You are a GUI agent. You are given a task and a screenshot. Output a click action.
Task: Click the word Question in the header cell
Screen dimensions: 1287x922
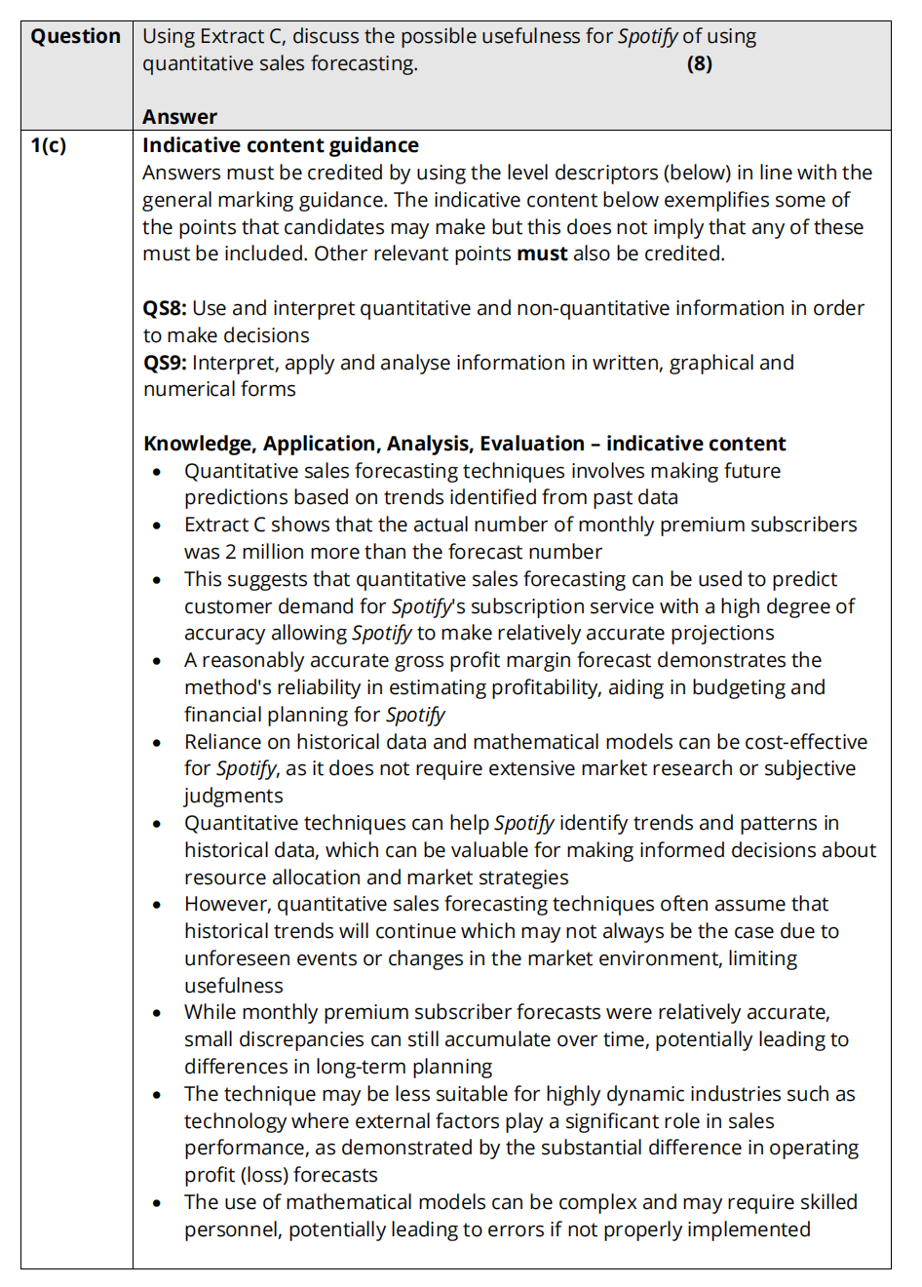coord(75,37)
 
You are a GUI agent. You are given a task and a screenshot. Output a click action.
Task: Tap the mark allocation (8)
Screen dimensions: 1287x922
coord(699,64)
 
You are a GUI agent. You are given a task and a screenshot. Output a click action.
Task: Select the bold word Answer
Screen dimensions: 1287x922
coord(179,117)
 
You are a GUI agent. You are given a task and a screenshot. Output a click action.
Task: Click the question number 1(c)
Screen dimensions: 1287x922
coord(49,145)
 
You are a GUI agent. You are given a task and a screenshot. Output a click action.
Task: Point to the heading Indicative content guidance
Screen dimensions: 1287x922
coord(281,145)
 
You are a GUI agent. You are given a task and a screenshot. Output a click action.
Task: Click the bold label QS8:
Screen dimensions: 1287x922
coord(165,308)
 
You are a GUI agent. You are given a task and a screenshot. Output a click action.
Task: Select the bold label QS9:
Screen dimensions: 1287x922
coord(165,363)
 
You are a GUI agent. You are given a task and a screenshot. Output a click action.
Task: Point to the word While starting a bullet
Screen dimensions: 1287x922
coord(210,1012)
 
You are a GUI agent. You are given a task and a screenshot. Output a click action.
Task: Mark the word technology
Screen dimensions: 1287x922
coord(235,1121)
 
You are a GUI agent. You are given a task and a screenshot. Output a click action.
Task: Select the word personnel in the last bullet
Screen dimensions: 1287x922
coord(232,1229)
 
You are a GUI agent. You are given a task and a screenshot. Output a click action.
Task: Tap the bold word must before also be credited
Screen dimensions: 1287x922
coord(542,253)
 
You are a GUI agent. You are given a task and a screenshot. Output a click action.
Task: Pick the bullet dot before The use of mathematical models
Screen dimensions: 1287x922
coord(157,1203)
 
